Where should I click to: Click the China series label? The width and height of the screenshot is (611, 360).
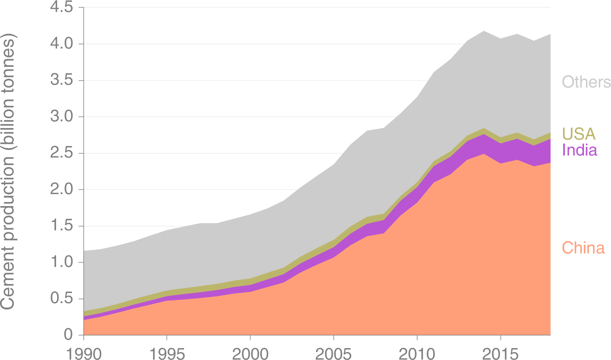(583, 248)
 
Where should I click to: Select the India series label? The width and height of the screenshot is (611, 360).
(579, 150)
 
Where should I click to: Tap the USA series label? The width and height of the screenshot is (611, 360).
(579, 134)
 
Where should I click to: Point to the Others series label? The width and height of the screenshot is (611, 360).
(586, 82)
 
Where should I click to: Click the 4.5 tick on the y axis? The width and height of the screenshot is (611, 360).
(61, 8)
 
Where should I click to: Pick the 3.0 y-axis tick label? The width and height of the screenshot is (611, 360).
(61, 117)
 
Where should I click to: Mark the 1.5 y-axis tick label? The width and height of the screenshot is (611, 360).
(61, 226)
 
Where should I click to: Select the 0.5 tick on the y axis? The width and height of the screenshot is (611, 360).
(61, 299)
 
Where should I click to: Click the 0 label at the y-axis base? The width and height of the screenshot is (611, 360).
(68, 335)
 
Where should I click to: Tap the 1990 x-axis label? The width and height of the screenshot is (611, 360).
(83, 353)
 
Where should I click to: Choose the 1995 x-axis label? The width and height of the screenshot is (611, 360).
(167, 353)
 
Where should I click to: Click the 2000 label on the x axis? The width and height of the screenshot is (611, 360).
(250, 353)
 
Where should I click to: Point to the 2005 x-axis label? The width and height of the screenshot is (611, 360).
(334, 353)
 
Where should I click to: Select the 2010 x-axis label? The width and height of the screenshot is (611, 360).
(417, 353)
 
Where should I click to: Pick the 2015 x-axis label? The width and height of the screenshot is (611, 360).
(500, 353)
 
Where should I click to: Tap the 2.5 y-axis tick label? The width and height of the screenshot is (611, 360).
(61, 153)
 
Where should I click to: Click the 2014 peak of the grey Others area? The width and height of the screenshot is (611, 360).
(484, 31)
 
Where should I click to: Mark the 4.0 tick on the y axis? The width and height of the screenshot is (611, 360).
(61, 44)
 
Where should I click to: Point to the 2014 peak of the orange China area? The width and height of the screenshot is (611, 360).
(484, 154)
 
